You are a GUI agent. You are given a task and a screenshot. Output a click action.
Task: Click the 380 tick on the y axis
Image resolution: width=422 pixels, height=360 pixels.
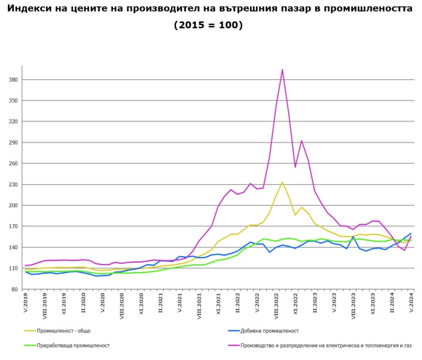(x=14, y=80)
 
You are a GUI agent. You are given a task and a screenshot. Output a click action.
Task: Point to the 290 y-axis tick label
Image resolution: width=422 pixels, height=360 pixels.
(x=14, y=142)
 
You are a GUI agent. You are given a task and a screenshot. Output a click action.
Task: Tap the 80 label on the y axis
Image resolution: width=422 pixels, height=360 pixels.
(x=15, y=289)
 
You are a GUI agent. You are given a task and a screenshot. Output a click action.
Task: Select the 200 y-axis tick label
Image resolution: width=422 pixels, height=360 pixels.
(x=14, y=206)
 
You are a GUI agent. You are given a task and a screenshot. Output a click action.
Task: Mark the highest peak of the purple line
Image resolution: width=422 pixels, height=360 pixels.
(x=282, y=69)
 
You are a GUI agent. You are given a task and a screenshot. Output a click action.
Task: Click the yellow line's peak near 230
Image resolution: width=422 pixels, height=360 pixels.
(x=282, y=182)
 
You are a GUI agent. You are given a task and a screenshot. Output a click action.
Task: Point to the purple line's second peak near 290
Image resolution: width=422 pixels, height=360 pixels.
(x=302, y=141)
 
